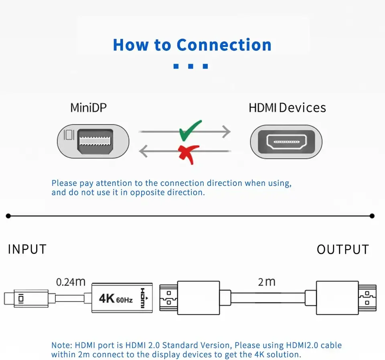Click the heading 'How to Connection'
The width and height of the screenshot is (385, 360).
[192, 44]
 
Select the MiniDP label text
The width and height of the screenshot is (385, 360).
[89, 108]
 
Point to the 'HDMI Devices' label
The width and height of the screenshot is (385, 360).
[287, 108]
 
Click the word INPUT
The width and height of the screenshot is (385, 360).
[27, 249]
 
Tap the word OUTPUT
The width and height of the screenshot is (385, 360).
[342, 249]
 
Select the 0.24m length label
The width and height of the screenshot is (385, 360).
[71, 282]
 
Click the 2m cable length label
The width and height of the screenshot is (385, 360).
[267, 282]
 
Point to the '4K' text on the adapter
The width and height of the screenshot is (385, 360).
[107, 299]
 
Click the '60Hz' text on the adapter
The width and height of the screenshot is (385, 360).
[124, 299]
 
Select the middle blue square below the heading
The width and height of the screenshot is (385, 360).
[190, 66]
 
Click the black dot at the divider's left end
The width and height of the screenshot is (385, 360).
[8, 216]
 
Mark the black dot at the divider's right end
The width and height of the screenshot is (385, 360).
[372, 216]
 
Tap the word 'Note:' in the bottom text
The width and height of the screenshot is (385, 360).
[61, 345]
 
